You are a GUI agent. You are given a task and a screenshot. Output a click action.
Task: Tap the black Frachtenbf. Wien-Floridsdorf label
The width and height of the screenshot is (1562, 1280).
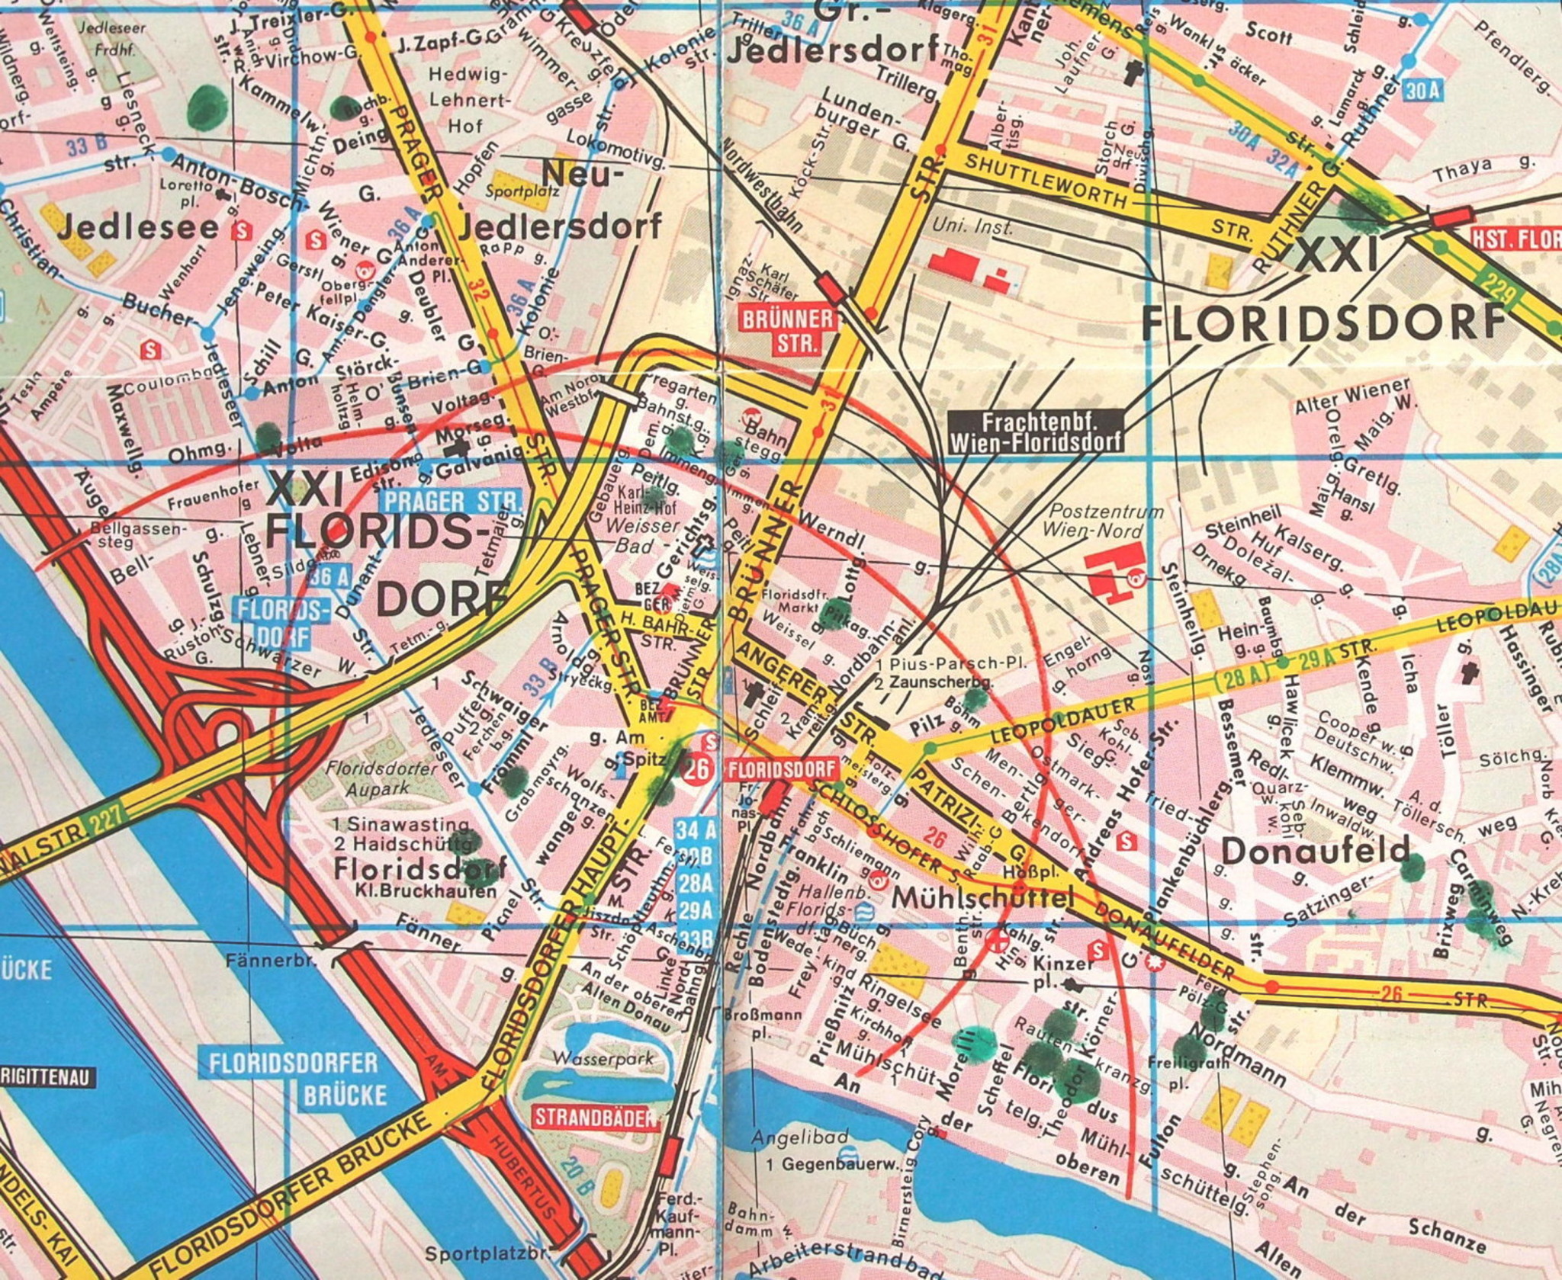(1035, 431)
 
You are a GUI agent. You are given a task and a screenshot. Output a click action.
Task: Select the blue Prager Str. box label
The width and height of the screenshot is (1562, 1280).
(452, 502)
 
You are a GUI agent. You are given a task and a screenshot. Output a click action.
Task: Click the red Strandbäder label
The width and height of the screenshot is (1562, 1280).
(595, 1118)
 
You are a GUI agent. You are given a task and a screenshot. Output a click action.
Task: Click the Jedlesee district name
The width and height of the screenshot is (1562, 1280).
(137, 226)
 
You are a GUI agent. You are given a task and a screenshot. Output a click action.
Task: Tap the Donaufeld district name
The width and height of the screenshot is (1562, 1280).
(1316, 851)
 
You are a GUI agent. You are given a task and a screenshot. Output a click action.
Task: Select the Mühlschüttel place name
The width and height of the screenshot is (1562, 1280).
(982, 898)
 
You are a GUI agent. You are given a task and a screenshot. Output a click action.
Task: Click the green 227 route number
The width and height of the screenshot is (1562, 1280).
(106, 823)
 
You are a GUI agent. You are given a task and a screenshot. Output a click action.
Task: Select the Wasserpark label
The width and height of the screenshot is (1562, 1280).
(593, 1059)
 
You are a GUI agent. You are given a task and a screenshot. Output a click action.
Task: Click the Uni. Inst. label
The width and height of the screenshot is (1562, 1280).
(973, 226)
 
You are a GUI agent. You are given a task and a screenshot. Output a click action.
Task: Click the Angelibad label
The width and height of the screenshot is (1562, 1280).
(799, 1137)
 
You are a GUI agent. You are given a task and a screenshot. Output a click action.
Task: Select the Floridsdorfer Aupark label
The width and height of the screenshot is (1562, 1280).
(381, 778)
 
